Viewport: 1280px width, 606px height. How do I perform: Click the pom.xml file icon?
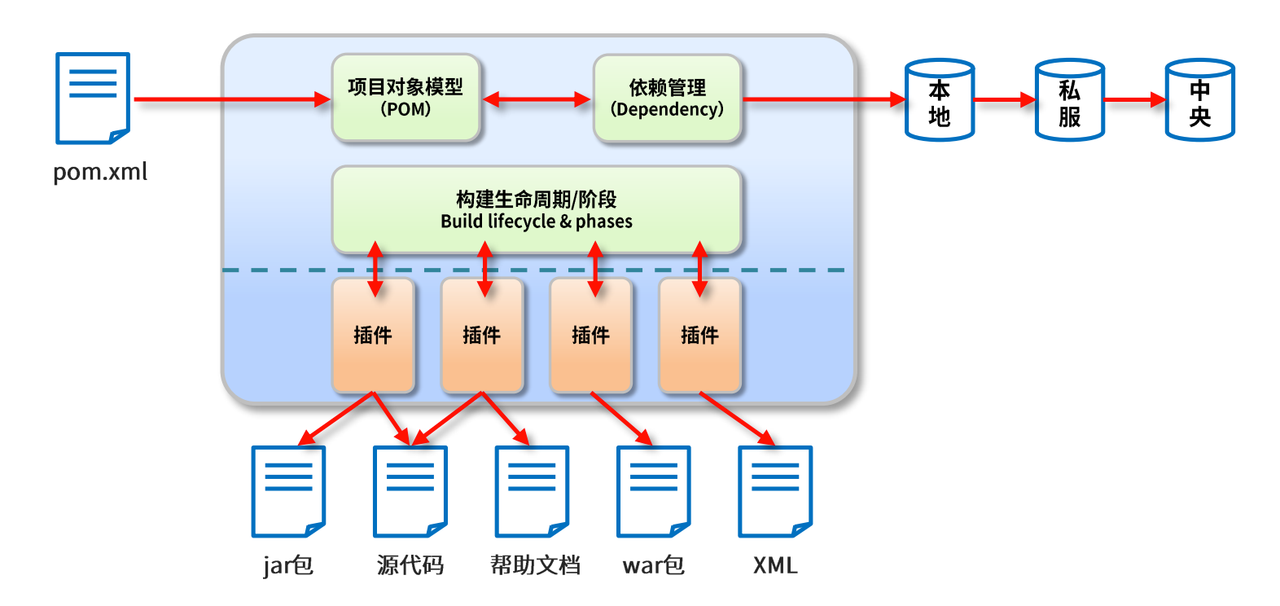click(93, 98)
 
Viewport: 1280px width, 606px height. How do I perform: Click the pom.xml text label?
click(100, 172)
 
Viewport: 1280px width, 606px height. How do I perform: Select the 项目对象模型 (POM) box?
click(405, 98)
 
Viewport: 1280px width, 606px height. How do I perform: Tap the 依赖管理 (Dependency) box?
click(668, 98)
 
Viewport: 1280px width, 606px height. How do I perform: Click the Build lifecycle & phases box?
click(537, 210)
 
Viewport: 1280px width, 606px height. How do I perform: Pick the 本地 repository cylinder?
click(940, 100)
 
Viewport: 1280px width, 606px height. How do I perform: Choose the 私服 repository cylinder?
click(1070, 100)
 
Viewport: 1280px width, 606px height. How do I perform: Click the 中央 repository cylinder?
click(1200, 100)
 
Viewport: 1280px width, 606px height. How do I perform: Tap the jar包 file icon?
click(288, 492)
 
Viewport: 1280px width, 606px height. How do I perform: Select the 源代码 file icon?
click(410, 492)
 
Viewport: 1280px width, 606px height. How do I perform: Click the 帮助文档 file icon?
click(532, 492)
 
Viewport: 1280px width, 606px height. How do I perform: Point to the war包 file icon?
click(654, 492)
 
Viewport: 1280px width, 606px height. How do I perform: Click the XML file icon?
click(775, 492)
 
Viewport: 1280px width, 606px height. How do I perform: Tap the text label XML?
click(775, 565)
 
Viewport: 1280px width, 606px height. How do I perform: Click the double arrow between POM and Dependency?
click(537, 99)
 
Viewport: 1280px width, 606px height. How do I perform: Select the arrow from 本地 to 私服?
click(1005, 100)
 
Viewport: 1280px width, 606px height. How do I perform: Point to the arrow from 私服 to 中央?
click(1135, 100)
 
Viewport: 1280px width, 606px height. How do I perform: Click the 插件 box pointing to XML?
click(700, 336)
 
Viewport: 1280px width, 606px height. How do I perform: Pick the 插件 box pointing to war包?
click(591, 336)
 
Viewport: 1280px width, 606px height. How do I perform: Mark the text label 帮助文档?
click(536, 565)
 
